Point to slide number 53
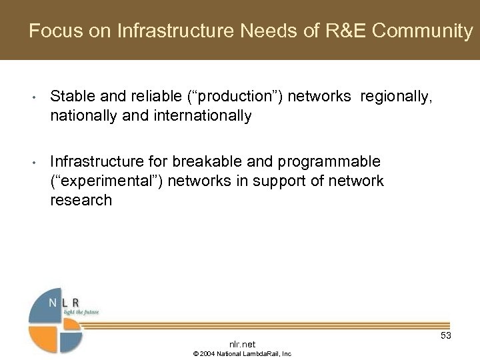pos(446,335)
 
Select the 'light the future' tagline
pos(81,311)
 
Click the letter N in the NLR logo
pos(53,302)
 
